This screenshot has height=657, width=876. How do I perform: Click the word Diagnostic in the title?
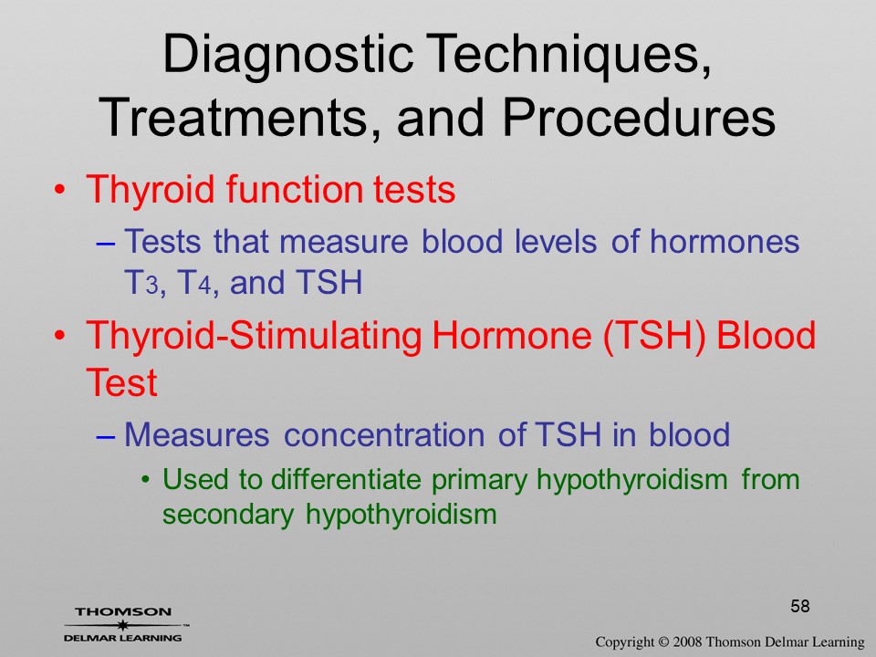click(287, 56)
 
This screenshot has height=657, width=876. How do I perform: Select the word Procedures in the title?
click(639, 118)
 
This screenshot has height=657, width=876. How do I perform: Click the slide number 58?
click(800, 606)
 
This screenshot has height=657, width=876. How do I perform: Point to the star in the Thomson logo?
click(123, 625)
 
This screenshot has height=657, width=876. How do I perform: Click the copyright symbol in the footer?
click(663, 642)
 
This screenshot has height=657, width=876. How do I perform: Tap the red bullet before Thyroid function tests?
click(59, 190)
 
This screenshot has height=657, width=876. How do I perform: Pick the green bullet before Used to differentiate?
click(146, 481)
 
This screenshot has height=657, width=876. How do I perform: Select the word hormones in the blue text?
click(724, 241)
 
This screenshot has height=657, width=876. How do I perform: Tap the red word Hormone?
click(511, 335)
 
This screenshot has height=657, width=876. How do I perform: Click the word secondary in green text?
click(228, 515)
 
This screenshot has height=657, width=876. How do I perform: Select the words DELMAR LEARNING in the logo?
click(123, 638)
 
